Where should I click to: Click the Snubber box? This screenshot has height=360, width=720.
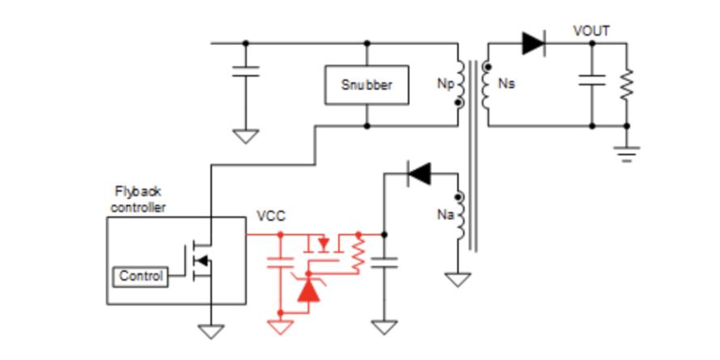(x=366, y=85)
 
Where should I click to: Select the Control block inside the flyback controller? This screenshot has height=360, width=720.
(x=141, y=277)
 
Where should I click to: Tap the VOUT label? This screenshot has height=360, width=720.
(x=591, y=31)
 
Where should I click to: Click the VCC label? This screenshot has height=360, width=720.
(x=270, y=216)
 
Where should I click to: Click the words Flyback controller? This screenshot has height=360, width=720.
(x=138, y=199)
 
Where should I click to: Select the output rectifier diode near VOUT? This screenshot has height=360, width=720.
(x=534, y=44)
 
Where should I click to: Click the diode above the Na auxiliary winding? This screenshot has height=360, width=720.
(x=419, y=174)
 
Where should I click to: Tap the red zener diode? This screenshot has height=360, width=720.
(x=308, y=290)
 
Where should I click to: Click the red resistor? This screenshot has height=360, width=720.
(x=358, y=255)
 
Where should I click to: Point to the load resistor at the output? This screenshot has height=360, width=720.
(x=627, y=84)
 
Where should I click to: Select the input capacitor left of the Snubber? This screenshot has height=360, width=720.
(x=246, y=72)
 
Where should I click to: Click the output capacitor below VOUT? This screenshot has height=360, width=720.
(x=592, y=80)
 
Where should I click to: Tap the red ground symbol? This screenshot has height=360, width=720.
(x=281, y=327)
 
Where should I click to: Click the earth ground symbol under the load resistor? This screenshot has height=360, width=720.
(x=627, y=154)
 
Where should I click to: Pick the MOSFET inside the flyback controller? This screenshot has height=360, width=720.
(x=201, y=260)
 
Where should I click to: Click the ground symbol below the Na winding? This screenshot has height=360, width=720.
(x=458, y=280)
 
